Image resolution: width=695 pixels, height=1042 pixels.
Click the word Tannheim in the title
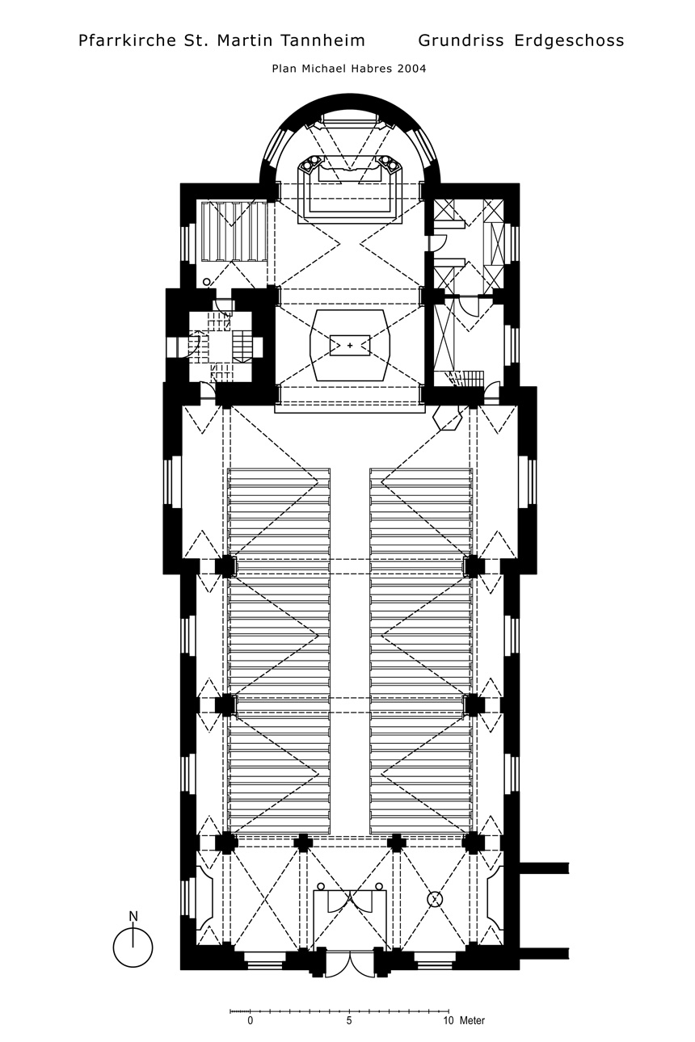point(322,40)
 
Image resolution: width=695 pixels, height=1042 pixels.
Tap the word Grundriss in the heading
point(461,40)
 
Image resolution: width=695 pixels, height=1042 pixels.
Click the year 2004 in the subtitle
point(412,69)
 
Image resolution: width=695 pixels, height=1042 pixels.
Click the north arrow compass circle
point(133,947)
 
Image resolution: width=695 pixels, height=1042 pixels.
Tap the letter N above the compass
point(133,916)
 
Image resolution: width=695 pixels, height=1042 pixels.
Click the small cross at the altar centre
point(350,345)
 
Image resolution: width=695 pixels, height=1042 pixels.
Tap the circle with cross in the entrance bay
point(434,900)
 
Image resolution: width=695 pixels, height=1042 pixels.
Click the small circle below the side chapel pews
point(206,282)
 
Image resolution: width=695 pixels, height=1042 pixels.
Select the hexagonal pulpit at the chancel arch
point(447,418)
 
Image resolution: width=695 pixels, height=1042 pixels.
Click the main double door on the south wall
point(349,963)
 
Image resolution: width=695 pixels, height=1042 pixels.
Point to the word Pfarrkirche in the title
point(128,40)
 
